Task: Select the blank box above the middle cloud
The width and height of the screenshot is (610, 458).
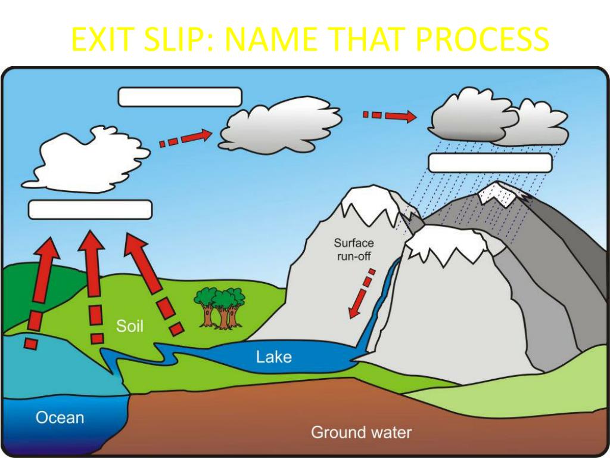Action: (x=179, y=97)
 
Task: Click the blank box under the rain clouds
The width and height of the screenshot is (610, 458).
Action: (x=490, y=163)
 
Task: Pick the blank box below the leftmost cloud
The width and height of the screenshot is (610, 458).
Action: (x=91, y=210)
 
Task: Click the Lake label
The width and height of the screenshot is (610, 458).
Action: (x=273, y=357)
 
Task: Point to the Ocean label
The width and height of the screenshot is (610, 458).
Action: (x=60, y=417)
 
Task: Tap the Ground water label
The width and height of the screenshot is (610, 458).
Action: (x=361, y=432)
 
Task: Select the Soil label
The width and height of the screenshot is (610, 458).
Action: (x=129, y=326)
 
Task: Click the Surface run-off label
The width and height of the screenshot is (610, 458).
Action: (x=353, y=249)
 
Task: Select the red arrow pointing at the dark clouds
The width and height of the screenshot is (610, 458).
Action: (x=390, y=115)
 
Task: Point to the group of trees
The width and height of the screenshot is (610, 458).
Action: (x=220, y=307)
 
